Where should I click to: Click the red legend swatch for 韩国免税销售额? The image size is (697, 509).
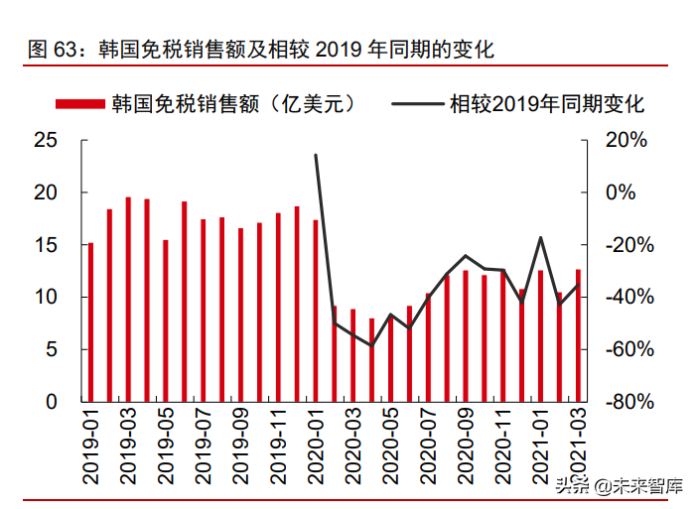(81, 103)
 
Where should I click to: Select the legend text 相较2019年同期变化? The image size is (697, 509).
(548, 103)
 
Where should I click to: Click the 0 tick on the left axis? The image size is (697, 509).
(52, 402)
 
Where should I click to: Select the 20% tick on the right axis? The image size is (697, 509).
(626, 141)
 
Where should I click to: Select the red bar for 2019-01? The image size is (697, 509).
(90, 322)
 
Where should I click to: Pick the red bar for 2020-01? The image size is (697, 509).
(316, 311)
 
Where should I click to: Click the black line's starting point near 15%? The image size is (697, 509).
(316, 155)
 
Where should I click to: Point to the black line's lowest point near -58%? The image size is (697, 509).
(372, 345)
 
